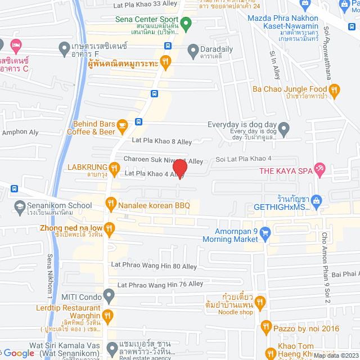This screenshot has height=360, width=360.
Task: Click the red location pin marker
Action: pyautogui.click(x=180, y=168)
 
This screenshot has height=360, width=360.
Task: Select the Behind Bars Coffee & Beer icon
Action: pyautogui.click(x=121, y=128)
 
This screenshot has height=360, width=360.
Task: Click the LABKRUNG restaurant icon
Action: pyautogui.click(x=114, y=167)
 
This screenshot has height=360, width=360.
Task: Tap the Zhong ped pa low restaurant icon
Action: pyautogui.click(x=109, y=228)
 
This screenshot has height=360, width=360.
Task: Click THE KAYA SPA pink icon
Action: pyautogui.click(x=319, y=168)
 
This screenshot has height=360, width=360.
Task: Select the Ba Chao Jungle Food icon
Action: pyautogui.click(x=335, y=89)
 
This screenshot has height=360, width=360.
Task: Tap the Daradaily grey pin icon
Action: pyautogui.click(x=193, y=49)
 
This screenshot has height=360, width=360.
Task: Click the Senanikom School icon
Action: pyautogui.click(x=20, y=206)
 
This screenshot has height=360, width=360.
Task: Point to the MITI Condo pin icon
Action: pyautogui.click(x=109, y=294)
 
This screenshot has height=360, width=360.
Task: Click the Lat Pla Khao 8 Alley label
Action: pyautogui.click(x=162, y=141)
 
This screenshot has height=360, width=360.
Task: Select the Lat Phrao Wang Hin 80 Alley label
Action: pyautogui.click(x=154, y=265)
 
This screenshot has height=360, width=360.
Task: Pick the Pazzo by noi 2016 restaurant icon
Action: pyautogui.click(x=266, y=327)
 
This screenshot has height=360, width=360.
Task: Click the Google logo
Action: pyautogui.click(x=19, y=353)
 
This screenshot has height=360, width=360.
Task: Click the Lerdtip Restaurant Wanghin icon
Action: pyautogui.click(x=108, y=315)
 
